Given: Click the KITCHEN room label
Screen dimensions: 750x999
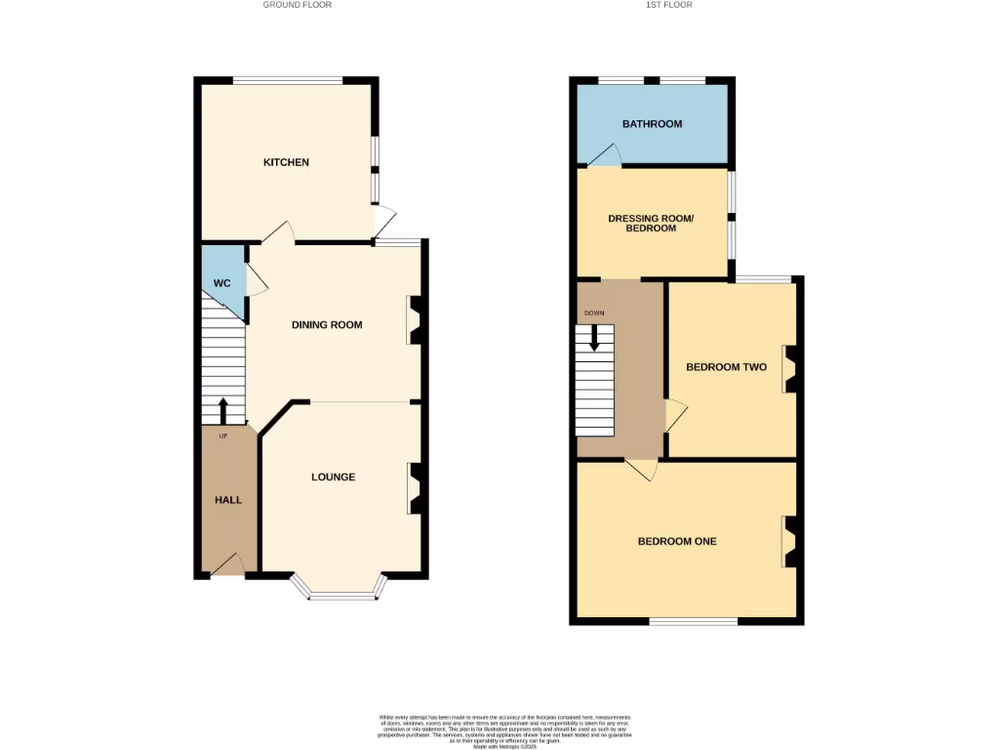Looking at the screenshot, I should click(286, 162).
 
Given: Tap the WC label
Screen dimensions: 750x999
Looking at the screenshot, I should click(221, 283).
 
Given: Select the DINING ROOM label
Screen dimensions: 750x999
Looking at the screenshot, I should click(327, 325).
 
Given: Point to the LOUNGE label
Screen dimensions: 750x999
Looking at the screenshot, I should click(333, 478).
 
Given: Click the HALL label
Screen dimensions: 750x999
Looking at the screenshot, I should click(228, 500).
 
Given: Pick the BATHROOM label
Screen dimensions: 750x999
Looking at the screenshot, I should click(652, 124).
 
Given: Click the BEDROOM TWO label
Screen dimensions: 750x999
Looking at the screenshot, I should click(726, 367).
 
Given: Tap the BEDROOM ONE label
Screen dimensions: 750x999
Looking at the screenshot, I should click(677, 541).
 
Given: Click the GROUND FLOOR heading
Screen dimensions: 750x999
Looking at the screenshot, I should click(297, 5).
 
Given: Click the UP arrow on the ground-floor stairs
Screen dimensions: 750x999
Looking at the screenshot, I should click(222, 410).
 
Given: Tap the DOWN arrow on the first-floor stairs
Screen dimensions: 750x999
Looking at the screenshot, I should click(593, 338).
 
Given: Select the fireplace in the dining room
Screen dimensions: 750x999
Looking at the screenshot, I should click(414, 320).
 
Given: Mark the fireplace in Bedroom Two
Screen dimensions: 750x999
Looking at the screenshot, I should click(789, 369).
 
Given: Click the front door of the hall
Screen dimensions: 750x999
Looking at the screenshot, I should click(227, 565).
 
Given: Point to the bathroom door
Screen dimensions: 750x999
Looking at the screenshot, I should click(604, 155).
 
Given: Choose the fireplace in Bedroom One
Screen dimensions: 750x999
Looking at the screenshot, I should click(789, 542).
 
